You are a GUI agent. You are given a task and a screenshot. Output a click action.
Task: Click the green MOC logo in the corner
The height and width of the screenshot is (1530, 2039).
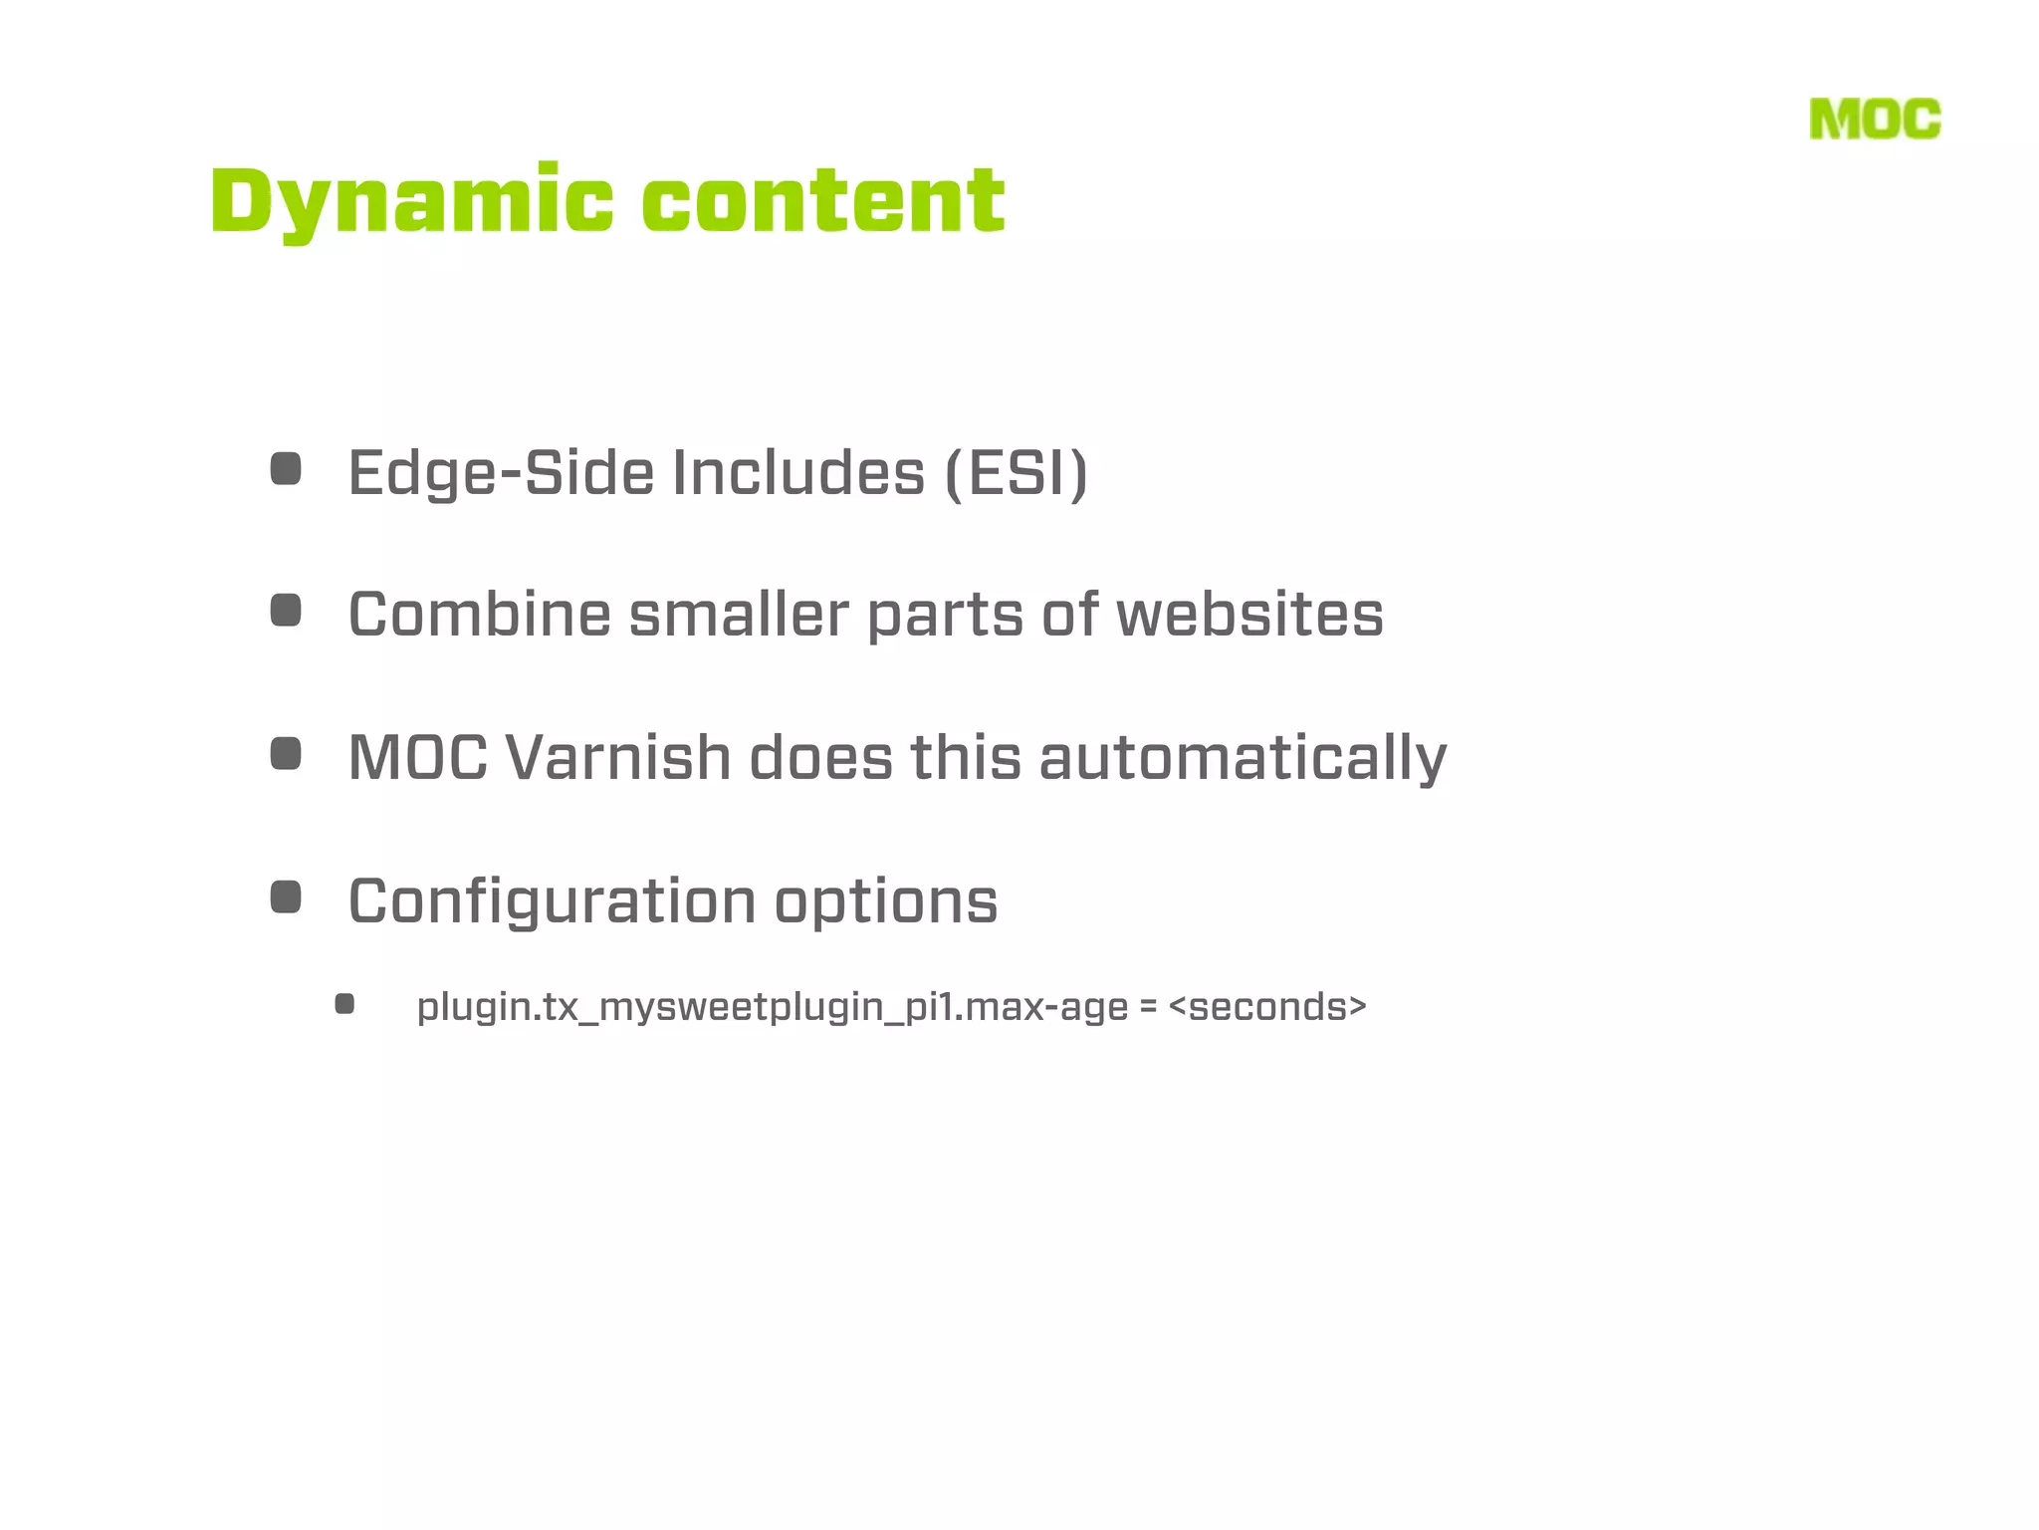(1875, 120)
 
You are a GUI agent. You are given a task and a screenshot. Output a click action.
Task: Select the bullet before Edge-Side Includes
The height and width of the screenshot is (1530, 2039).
(286, 469)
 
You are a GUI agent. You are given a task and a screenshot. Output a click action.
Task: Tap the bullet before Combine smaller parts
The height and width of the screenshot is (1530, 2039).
(286, 611)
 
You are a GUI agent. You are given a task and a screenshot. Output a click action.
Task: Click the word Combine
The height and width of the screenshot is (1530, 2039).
(479, 614)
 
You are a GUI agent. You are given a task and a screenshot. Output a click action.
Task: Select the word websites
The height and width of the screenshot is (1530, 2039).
(1249, 614)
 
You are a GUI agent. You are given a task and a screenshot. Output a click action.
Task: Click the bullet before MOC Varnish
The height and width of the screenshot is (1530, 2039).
(286, 754)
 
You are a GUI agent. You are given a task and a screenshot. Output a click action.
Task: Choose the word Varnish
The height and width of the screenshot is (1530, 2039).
(618, 757)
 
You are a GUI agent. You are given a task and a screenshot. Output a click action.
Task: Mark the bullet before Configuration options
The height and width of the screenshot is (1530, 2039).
(286, 896)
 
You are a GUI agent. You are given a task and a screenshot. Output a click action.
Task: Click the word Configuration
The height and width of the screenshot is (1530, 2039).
(552, 901)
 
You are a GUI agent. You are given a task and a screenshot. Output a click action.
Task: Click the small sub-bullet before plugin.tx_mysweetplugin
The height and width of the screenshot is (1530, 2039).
(344, 1004)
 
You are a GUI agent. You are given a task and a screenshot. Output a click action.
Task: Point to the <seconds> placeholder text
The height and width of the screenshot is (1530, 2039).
(1267, 1007)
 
